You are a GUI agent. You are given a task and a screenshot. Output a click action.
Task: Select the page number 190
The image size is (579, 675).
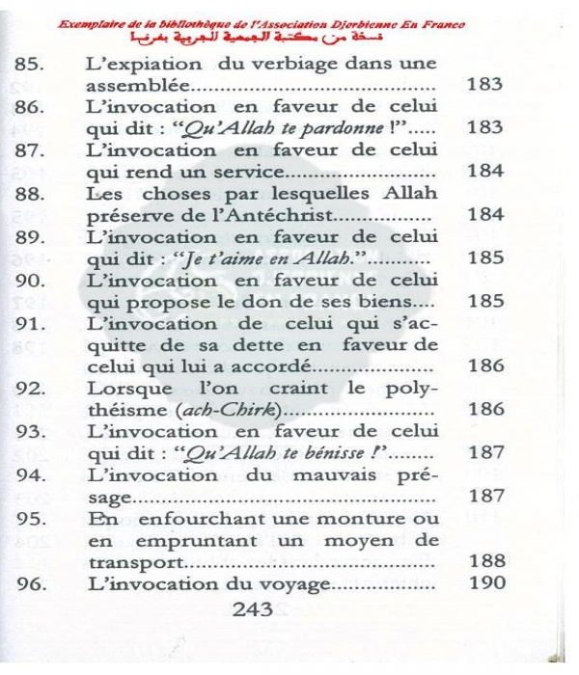pyautogui.click(x=485, y=584)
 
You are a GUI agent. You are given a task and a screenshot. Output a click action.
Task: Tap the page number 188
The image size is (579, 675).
pyautogui.click(x=485, y=562)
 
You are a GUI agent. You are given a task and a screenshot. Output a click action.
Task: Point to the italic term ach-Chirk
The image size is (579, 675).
pyautogui.click(x=233, y=410)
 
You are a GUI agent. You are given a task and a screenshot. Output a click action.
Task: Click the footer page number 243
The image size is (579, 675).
pyautogui.click(x=253, y=609)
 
